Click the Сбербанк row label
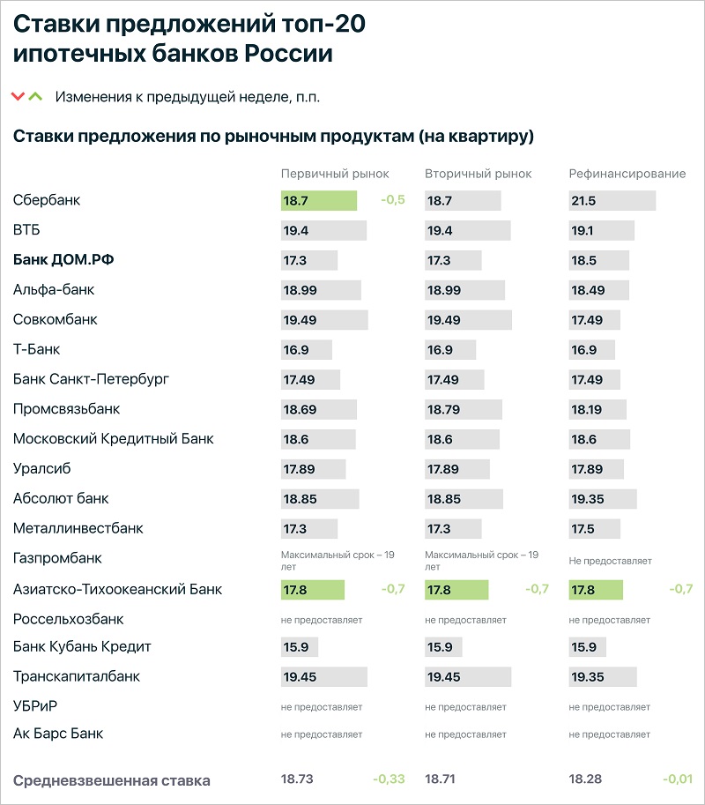tap(47, 200)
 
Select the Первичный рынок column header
tap(335, 174)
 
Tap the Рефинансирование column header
tap(627, 174)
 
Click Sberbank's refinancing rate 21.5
tap(583, 201)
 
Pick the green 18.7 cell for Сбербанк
tap(319, 201)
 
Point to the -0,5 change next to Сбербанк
tap(393, 200)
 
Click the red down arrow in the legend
tap(18, 96)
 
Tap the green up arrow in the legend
tap(35, 96)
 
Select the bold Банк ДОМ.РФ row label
tap(63, 260)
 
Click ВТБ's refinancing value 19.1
tap(583, 230)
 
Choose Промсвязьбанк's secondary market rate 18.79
tap(444, 410)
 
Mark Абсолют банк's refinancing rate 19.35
tap(588, 499)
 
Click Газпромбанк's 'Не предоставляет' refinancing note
tap(610, 561)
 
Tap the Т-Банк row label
tap(36, 349)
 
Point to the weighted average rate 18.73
tap(297, 779)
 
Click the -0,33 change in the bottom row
tap(389, 779)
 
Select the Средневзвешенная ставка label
tap(112, 781)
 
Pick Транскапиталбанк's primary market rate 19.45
tap(301, 676)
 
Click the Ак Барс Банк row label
tap(58, 733)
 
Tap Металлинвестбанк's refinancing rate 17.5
tap(583, 529)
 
